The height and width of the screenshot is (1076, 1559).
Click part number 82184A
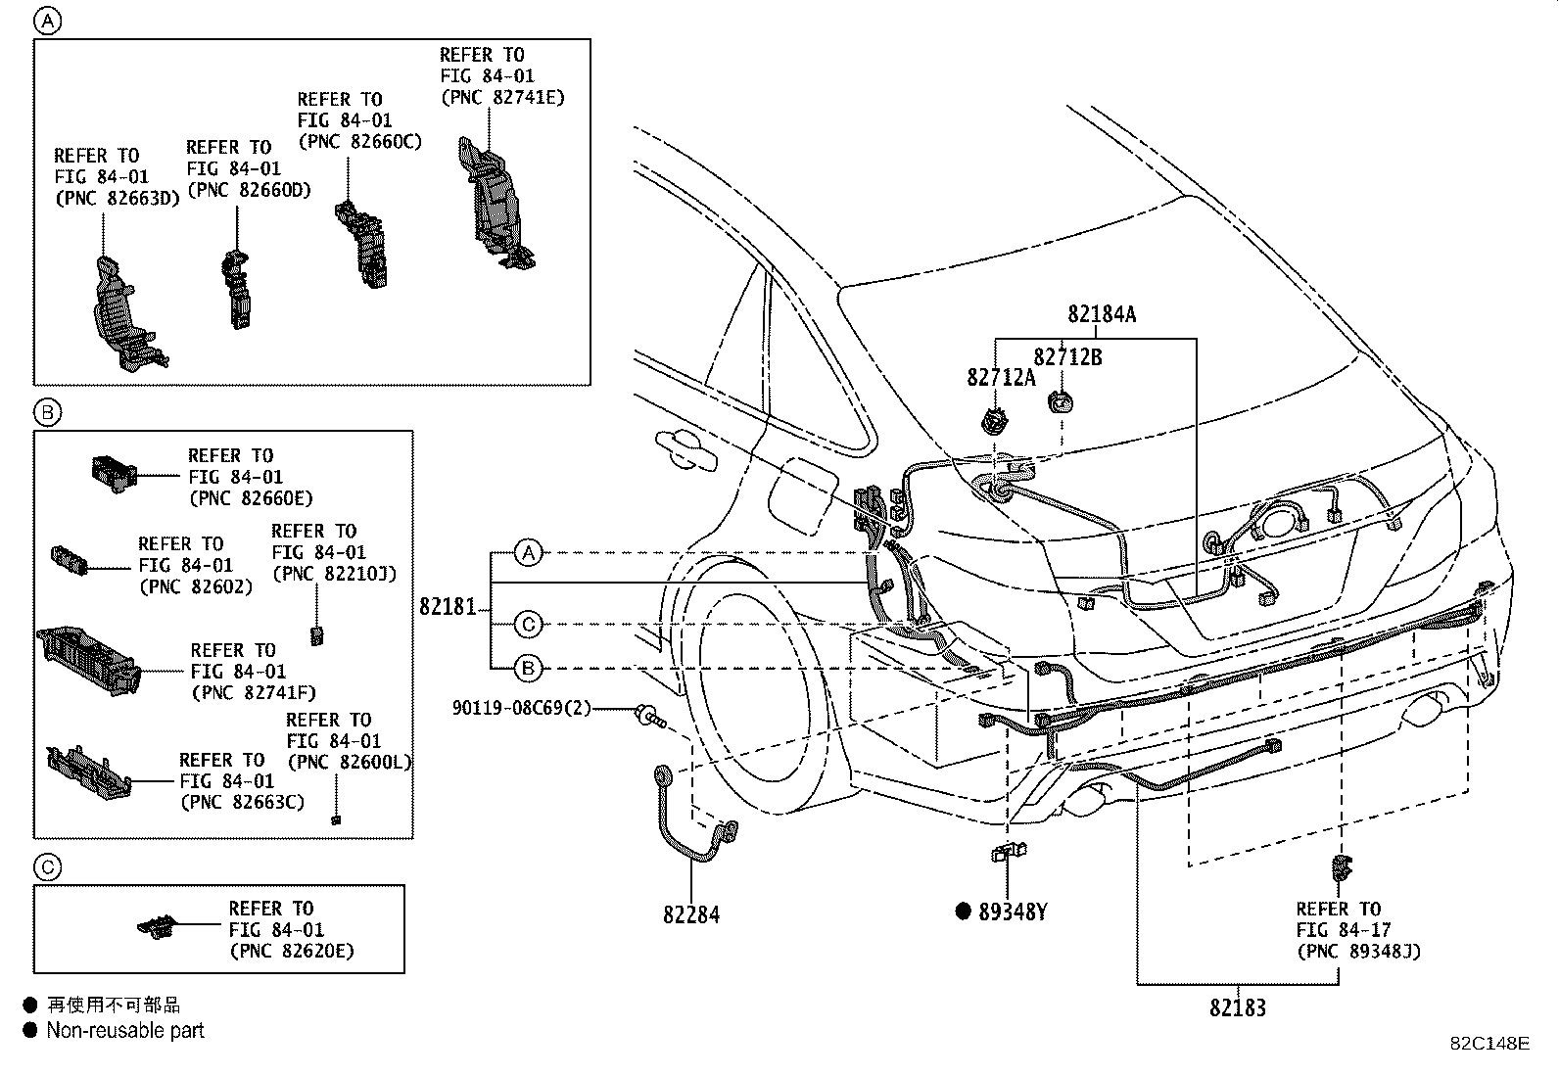coord(1102,314)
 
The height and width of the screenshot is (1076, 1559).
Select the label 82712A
coord(1000,377)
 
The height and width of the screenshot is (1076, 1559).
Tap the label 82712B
coord(1067,357)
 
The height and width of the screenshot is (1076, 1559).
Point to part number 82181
coord(448,607)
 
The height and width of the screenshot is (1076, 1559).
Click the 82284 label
coord(690,914)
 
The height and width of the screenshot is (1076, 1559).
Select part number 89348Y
coord(1013,912)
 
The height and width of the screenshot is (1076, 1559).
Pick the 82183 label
coord(1237,1007)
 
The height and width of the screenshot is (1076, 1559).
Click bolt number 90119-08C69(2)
coord(522,707)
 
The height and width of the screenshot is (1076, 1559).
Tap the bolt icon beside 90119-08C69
coord(649,718)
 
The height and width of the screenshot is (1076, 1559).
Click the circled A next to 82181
coord(528,553)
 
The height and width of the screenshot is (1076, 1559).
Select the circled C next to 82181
coord(528,624)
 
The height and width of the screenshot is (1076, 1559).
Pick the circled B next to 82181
coord(528,669)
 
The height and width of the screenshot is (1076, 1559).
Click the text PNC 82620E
coord(292,951)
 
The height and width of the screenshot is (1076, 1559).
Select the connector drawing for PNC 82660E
coord(112,471)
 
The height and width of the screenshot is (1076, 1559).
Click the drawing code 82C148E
coord(1488,1043)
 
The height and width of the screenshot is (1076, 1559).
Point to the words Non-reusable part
coord(125,1030)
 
